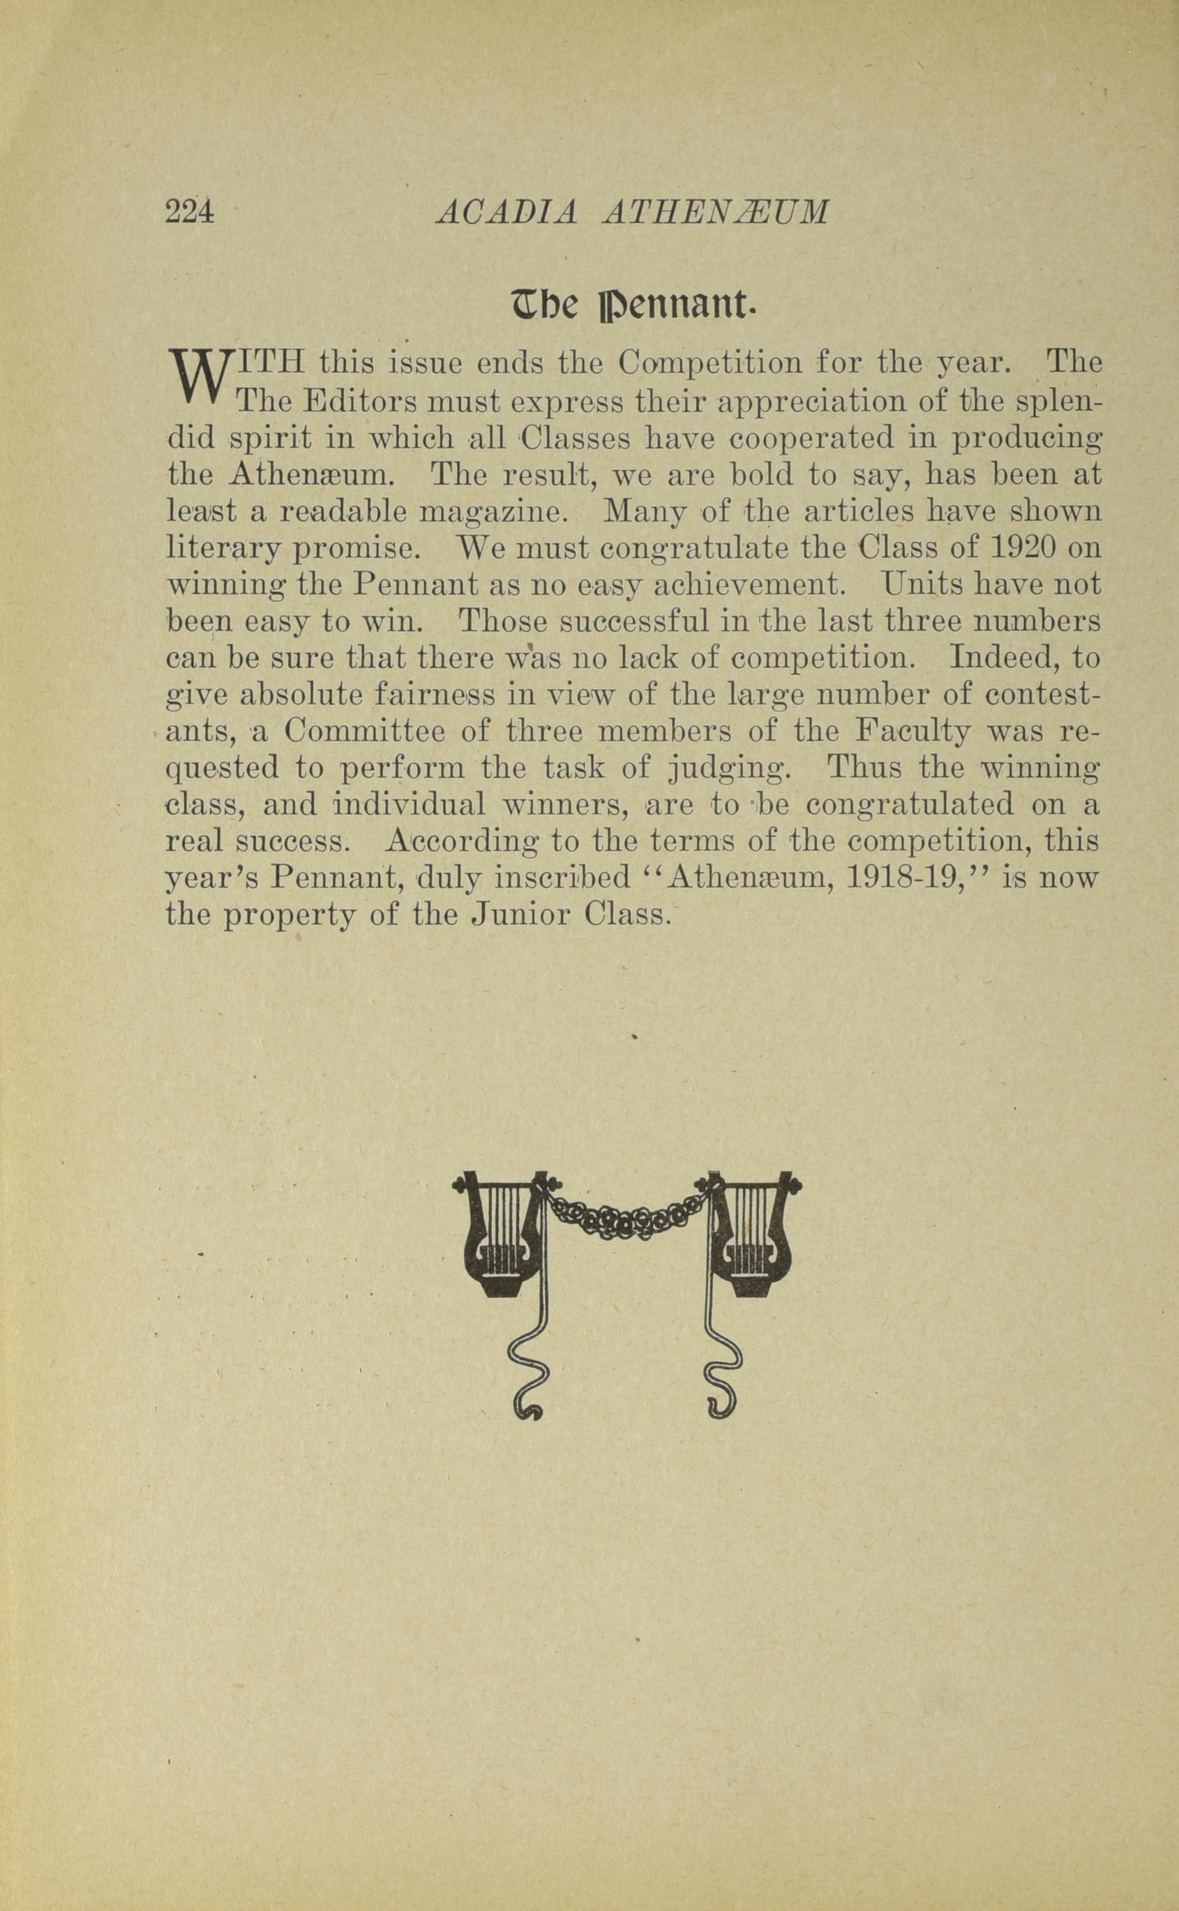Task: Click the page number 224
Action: click(x=190, y=212)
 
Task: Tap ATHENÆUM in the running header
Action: click(x=716, y=212)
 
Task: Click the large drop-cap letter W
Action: click(x=200, y=377)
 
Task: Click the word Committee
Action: click(x=364, y=732)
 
